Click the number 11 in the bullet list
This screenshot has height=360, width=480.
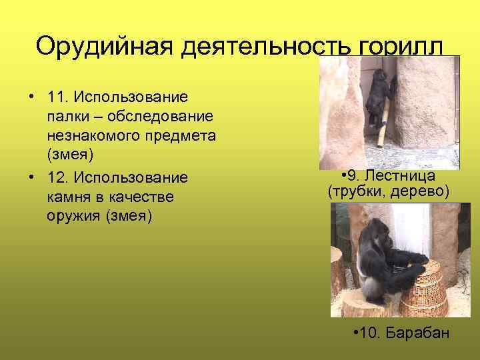click(56, 97)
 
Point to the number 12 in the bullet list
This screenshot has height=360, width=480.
click(56, 179)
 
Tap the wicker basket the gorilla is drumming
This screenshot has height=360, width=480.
click(421, 287)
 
